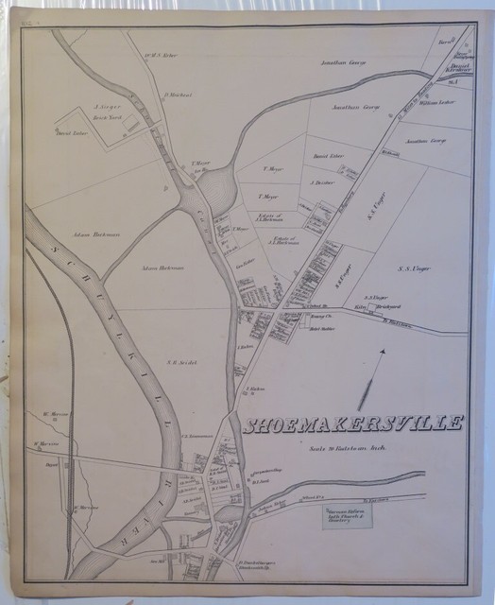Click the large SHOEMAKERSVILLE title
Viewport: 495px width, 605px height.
click(354, 424)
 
